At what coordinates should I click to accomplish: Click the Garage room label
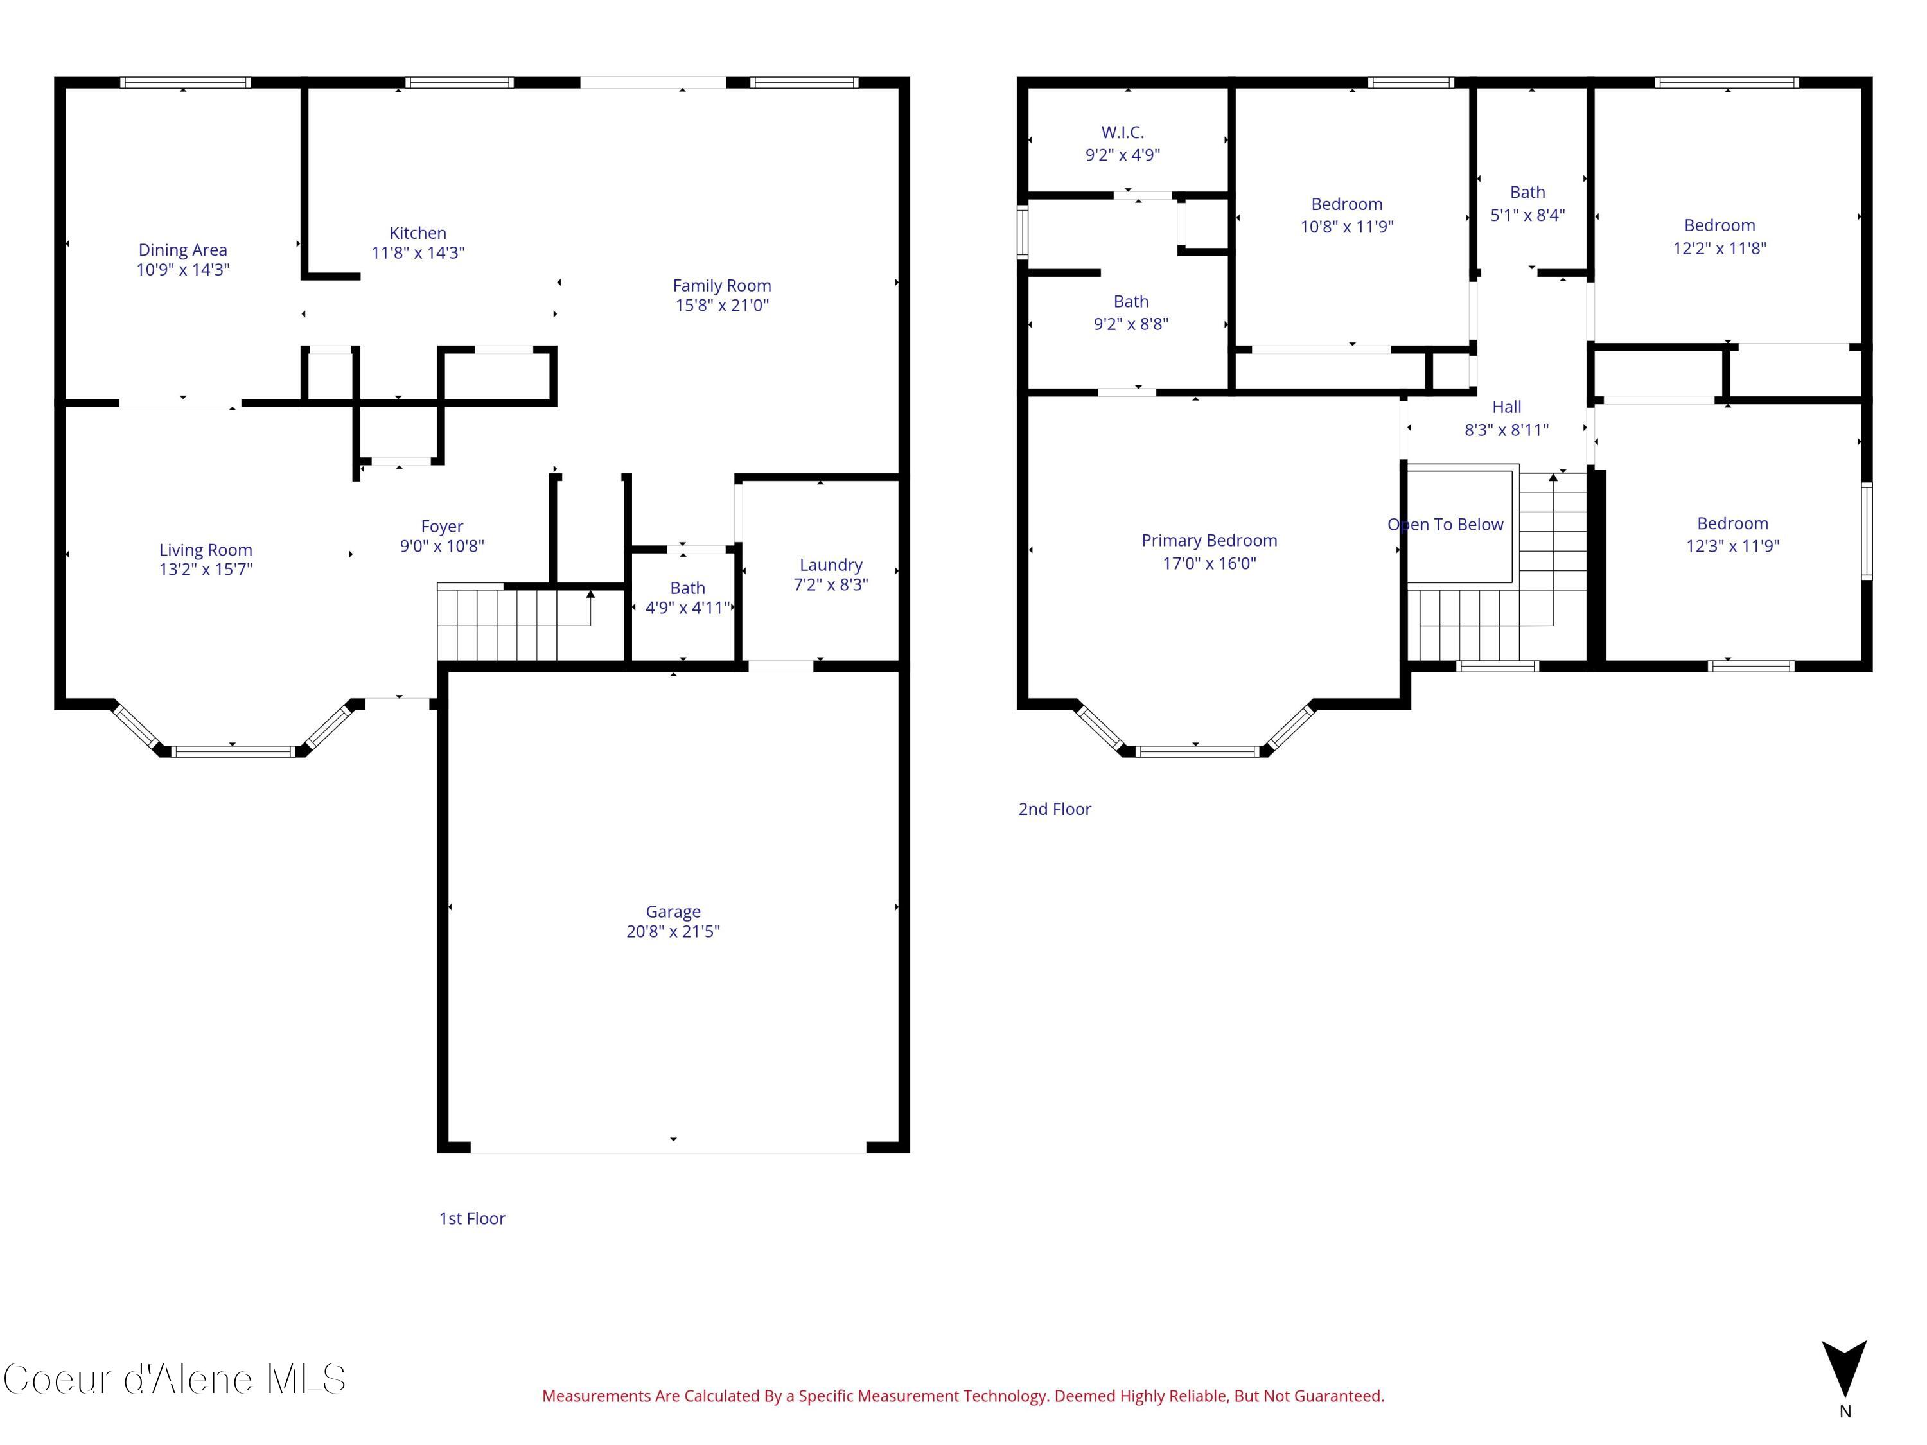(673, 911)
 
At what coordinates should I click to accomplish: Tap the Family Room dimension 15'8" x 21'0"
(721, 305)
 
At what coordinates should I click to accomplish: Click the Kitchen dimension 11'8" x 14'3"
(418, 252)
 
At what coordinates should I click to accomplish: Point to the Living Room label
(206, 550)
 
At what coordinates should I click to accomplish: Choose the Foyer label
(442, 526)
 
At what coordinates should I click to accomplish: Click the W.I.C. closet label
(1122, 132)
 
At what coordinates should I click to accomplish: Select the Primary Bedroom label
(1208, 540)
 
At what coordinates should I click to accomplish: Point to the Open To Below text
(1445, 524)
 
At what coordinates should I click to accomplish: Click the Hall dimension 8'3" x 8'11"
(1506, 430)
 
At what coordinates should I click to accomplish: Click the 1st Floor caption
(471, 1218)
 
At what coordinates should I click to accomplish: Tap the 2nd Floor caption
(1054, 809)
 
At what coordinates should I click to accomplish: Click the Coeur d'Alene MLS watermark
(174, 1379)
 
